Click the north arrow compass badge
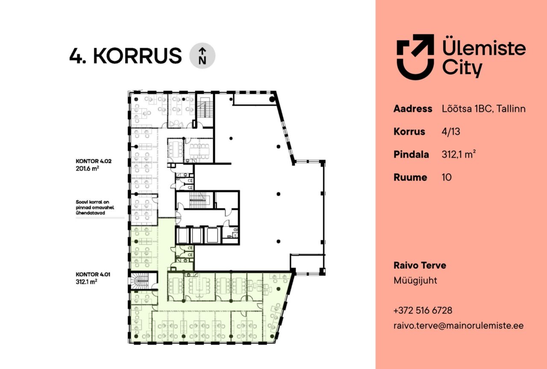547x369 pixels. click(x=202, y=56)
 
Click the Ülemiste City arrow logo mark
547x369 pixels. click(x=415, y=57)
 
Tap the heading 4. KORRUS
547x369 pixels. click(x=126, y=56)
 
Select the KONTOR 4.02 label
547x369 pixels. click(x=94, y=161)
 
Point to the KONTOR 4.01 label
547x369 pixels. click(x=93, y=274)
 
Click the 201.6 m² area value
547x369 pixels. click(x=87, y=168)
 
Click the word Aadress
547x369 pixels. click(x=413, y=108)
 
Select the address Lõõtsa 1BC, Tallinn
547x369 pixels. click(x=483, y=108)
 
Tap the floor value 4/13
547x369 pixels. click(x=451, y=132)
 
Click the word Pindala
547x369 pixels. click(x=411, y=155)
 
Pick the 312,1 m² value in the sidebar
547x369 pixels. click(x=459, y=154)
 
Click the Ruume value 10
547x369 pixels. click(x=447, y=177)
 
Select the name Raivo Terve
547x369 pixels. click(x=420, y=265)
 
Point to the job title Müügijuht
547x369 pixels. click(x=415, y=281)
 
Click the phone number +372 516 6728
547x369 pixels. click(x=423, y=310)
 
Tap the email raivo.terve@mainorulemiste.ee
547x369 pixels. click(x=459, y=326)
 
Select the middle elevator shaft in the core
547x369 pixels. click(x=197, y=235)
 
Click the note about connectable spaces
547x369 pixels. click(x=95, y=208)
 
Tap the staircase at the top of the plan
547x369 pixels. click(x=205, y=110)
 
